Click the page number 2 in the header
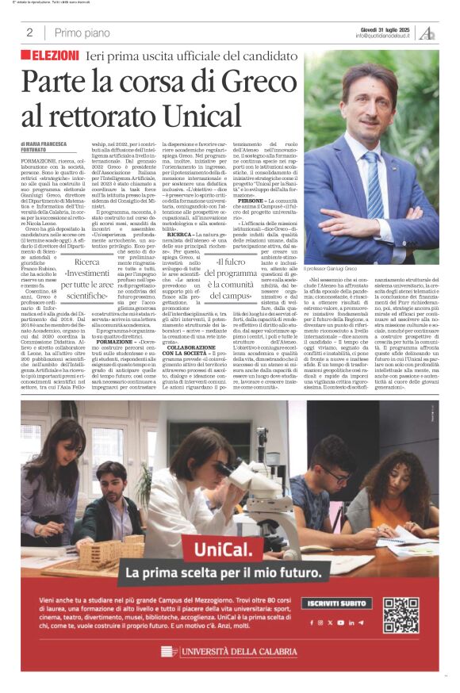coord(29,33)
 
